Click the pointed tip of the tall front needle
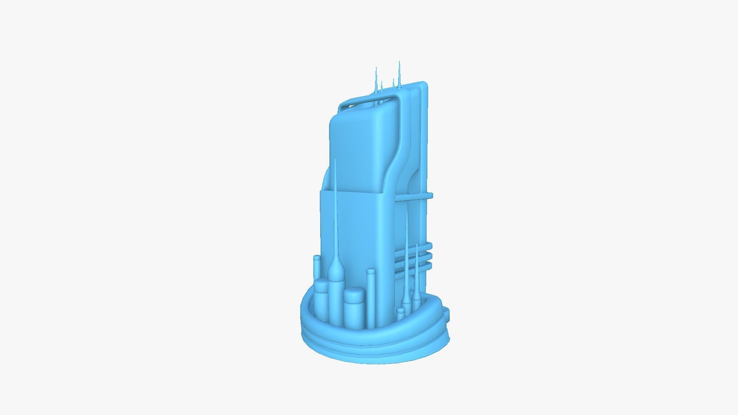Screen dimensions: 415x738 point(335,160)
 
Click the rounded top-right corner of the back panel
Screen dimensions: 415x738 point(424,85)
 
